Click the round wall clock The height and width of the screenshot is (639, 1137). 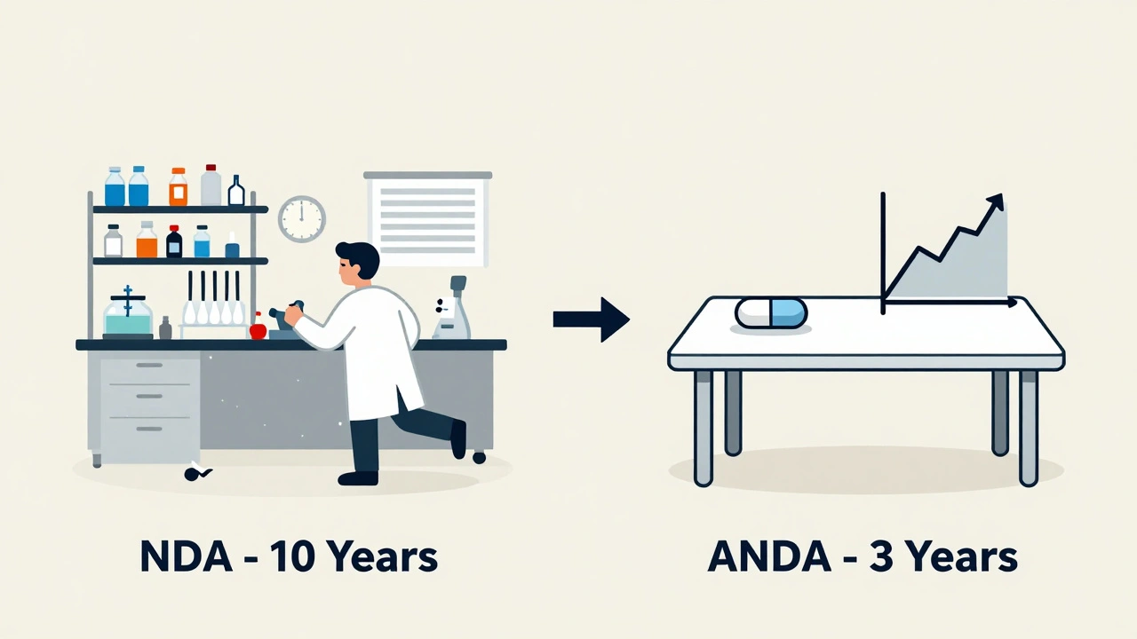(302, 218)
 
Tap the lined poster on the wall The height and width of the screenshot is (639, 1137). (427, 220)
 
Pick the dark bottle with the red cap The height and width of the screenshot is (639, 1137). (174, 241)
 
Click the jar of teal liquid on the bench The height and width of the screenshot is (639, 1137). (128, 316)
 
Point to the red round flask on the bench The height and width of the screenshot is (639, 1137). (258, 329)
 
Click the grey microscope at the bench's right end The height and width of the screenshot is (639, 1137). (452, 311)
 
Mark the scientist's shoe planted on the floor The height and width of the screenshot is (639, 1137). (358, 477)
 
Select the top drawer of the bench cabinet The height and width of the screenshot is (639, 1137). (149, 371)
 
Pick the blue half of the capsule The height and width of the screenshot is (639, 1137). (789, 313)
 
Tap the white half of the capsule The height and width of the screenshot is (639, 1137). (753, 313)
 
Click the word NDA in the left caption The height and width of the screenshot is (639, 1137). (181, 557)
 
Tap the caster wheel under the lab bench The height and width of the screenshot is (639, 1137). (480, 458)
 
